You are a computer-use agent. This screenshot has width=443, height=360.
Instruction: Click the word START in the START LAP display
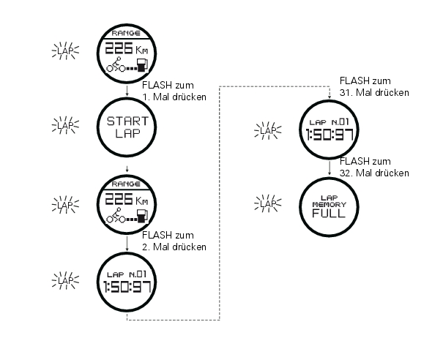pyautogui.click(x=127, y=121)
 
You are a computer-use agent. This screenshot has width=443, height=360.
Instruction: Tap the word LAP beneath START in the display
pyautogui.click(x=127, y=133)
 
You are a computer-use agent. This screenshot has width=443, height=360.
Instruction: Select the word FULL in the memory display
pyautogui.click(x=329, y=213)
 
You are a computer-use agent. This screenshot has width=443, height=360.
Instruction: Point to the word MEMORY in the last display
pyautogui.click(x=330, y=204)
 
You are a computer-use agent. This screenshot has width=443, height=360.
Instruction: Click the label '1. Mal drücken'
pyautogui.click(x=174, y=97)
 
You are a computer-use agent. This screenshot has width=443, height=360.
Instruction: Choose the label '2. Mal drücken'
pyautogui.click(x=174, y=247)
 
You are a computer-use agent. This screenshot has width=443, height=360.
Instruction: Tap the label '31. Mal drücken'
pyautogui.click(x=374, y=93)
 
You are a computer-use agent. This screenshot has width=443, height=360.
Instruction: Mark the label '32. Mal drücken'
pyautogui.click(x=374, y=173)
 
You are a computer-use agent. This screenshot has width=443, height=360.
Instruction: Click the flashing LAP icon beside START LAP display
pyautogui.click(x=65, y=125)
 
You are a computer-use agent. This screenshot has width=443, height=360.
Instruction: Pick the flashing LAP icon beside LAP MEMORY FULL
pyautogui.click(x=268, y=203)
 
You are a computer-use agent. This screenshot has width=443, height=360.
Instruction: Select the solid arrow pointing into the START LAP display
pyautogui.click(x=127, y=91)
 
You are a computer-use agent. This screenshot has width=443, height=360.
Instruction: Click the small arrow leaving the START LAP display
pyautogui.click(x=127, y=169)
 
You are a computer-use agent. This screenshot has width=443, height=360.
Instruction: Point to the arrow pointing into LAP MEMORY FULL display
pyautogui.click(x=330, y=168)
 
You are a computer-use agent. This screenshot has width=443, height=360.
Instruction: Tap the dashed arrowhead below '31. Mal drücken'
pyautogui.click(x=330, y=97)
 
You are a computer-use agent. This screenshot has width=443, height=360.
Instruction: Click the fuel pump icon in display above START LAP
pyautogui.click(x=142, y=65)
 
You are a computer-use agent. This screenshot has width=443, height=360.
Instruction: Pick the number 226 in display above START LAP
pyautogui.click(x=119, y=48)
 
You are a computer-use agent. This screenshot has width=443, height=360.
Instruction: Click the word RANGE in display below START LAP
pyautogui.click(x=126, y=184)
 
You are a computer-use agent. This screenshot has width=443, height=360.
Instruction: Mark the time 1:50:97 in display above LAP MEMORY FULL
pyautogui.click(x=330, y=135)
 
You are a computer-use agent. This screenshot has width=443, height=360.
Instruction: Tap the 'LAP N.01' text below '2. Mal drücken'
pyautogui.click(x=127, y=274)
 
